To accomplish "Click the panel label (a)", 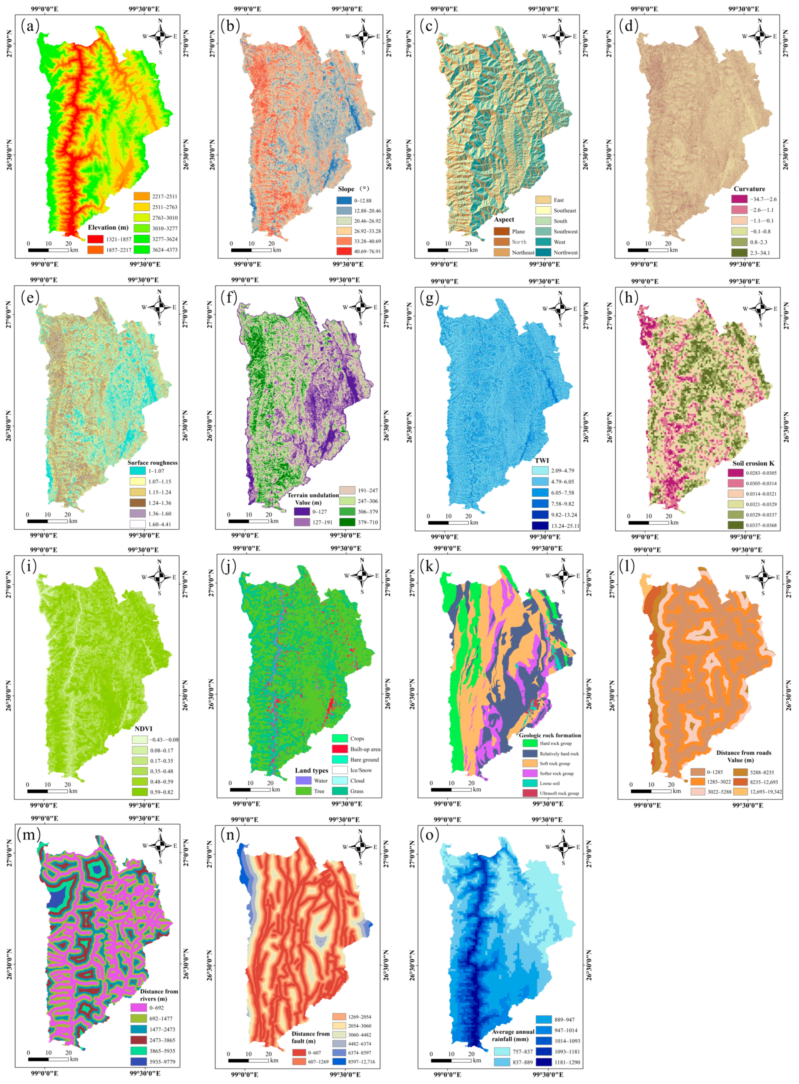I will (30, 26).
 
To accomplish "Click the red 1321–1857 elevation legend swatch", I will (95, 239).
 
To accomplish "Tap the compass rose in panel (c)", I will (560, 36).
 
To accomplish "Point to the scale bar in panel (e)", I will (47, 521).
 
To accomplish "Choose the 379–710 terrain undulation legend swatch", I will (347, 522).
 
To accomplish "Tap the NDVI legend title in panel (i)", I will (143, 729).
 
